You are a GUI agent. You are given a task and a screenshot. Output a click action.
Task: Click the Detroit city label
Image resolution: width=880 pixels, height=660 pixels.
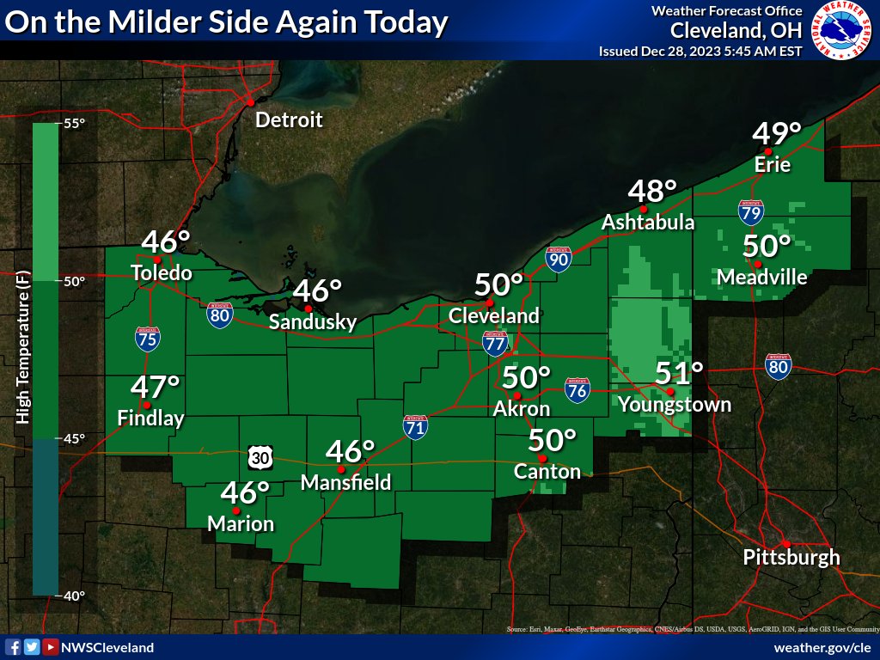(289, 119)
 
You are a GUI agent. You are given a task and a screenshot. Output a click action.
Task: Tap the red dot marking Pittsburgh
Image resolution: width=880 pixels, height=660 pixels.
(785, 543)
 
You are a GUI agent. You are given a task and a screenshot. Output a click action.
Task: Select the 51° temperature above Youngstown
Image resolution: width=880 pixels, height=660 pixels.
(679, 374)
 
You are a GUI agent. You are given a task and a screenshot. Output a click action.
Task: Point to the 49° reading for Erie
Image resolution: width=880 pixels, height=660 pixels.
(777, 134)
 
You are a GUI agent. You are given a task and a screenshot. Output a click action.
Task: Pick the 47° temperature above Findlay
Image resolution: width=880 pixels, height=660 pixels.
(156, 387)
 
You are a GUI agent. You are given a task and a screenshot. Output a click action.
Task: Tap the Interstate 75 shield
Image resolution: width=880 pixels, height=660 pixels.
(147, 339)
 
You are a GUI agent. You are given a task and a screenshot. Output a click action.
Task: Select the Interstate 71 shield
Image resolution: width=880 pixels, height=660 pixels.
(416, 427)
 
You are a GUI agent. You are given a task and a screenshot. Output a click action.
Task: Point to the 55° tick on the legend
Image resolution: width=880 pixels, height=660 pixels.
(73, 124)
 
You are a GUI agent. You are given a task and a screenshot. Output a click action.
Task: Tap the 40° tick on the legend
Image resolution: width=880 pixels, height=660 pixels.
(73, 596)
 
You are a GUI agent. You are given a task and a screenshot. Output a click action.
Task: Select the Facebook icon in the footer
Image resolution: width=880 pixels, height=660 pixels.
(13, 647)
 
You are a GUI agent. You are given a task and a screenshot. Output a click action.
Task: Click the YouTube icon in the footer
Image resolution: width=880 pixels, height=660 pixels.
(51, 647)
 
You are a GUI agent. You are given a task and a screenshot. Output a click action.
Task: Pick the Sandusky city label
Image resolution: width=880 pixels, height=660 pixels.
(312, 322)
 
